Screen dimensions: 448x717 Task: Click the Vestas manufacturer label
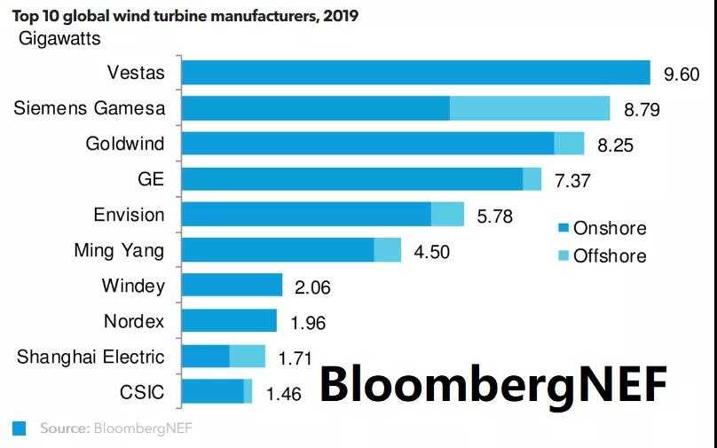(x=135, y=73)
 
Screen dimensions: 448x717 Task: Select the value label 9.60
(x=682, y=74)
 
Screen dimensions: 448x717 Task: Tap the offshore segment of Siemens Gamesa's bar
(x=530, y=108)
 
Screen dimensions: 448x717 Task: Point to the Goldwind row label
(x=125, y=143)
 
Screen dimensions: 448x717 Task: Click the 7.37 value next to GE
(x=572, y=180)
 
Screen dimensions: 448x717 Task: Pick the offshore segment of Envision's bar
(x=447, y=214)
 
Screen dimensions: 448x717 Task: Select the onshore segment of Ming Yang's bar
(x=277, y=249)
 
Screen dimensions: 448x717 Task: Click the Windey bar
(x=231, y=285)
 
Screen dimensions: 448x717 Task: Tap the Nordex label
(x=134, y=320)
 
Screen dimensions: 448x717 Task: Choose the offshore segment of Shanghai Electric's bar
(x=248, y=356)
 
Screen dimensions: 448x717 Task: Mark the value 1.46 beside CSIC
(x=284, y=394)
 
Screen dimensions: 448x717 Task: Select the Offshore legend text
(x=610, y=256)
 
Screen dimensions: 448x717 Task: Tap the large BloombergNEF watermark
(x=492, y=384)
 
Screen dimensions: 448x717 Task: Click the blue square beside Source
(x=19, y=428)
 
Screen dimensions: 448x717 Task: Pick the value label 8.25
(x=615, y=145)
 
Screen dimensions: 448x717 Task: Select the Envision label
(x=129, y=214)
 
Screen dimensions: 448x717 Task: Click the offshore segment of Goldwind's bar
(x=569, y=143)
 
